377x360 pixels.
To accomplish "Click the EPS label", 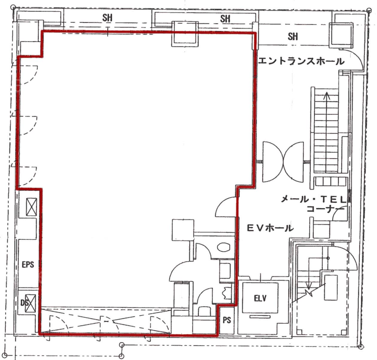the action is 28,265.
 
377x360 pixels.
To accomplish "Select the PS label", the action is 227,320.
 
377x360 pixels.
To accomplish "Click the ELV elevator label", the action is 260,298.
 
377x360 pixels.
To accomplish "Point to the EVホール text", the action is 270,228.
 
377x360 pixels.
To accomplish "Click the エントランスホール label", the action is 301,61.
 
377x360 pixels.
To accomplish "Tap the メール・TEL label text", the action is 313,199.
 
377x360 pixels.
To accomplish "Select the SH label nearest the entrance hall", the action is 293,37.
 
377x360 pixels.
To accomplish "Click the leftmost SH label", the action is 107,18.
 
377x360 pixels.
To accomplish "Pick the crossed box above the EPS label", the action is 31,207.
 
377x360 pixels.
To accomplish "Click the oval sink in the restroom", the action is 224,247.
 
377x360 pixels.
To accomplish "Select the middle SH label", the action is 225,19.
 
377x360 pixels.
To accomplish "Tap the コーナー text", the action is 326,209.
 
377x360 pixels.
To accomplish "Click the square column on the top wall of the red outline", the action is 185,34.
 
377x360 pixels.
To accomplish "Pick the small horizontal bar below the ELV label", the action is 260,317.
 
